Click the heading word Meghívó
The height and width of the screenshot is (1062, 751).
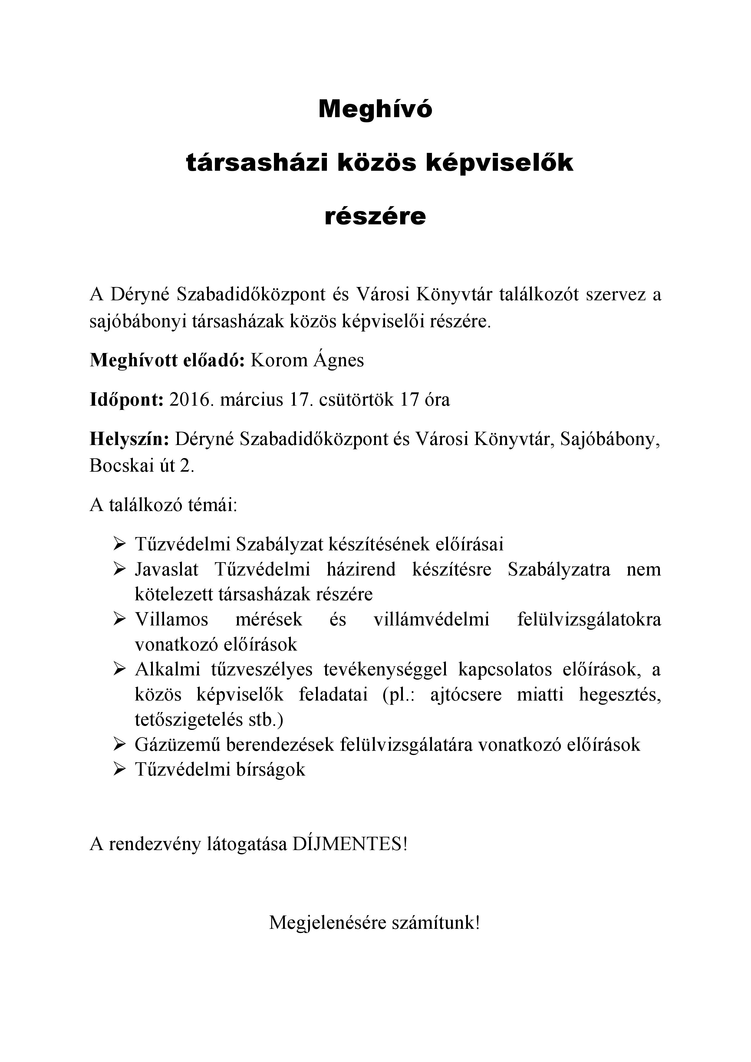pos(375,110)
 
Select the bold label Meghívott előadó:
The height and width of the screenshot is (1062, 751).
pos(167,360)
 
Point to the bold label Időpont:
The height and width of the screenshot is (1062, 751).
pos(126,400)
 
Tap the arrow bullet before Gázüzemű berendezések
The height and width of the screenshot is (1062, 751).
pos(119,744)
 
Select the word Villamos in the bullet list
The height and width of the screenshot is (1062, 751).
pos(172,619)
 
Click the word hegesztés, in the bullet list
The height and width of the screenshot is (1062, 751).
pos(620,694)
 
